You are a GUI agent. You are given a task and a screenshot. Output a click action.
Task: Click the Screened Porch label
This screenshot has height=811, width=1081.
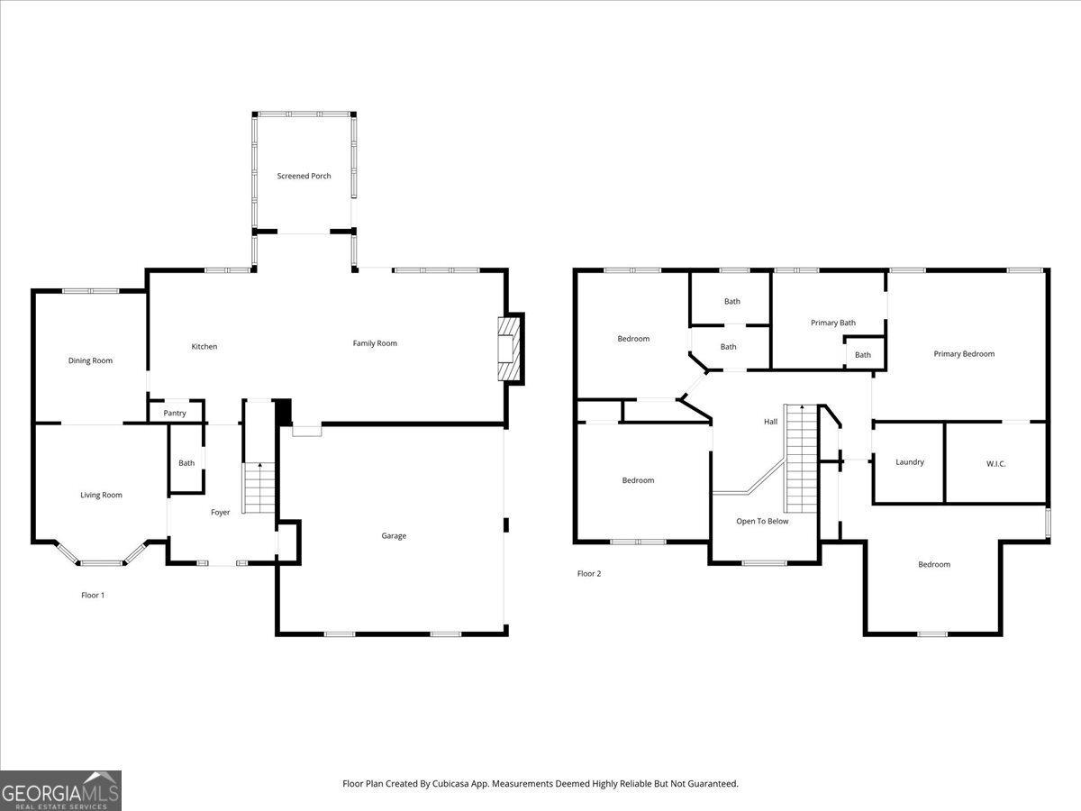click(x=304, y=176)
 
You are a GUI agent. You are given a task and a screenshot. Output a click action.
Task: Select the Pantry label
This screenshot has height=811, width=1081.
click(x=175, y=413)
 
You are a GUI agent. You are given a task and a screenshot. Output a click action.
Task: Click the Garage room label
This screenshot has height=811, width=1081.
click(x=394, y=535)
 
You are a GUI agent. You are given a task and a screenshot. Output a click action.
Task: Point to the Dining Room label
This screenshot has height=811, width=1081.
click(x=90, y=360)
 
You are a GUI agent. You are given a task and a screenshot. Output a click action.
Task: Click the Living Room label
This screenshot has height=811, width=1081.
click(x=101, y=495)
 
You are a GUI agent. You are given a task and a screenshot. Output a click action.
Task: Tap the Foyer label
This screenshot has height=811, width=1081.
click(x=221, y=512)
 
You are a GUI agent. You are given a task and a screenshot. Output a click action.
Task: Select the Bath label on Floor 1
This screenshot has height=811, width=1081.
click(x=186, y=463)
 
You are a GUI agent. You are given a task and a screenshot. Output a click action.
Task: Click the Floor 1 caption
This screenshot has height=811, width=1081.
click(x=93, y=595)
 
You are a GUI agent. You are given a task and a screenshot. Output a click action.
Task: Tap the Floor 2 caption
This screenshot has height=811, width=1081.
click(x=589, y=573)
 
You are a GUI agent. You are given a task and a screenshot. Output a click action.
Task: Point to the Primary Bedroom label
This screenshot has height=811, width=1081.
click(x=964, y=353)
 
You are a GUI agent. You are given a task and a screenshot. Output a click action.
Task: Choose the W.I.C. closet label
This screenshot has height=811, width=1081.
click(x=995, y=463)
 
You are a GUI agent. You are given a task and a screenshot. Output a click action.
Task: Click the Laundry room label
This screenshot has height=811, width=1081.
click(x=910, y=461)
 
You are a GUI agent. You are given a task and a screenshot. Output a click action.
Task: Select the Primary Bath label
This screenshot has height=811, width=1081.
click(x=833, y=323)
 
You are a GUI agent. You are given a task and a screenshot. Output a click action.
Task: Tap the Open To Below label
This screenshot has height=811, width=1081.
click(x=762, y=521)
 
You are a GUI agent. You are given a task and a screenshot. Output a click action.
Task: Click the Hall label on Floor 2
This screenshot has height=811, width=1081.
click(x=770, y=422)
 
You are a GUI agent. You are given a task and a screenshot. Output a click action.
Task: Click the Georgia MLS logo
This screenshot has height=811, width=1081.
click(x=60, y=790)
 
